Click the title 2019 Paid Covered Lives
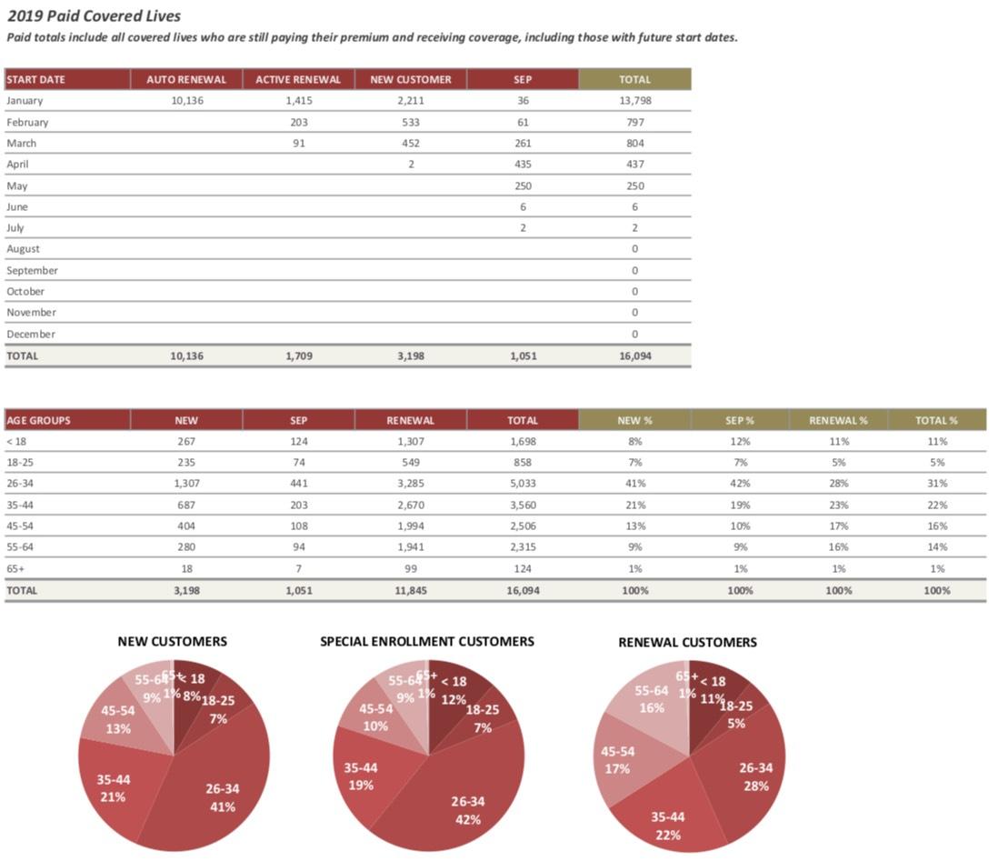pos(94,15)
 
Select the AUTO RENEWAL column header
pos(186,79)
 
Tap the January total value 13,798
pos(634,101)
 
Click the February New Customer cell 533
pos(410,122)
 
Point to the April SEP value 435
pos(523,165)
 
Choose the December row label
pos(31,334)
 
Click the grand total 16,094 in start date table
pos(634,355)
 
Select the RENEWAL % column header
pos(838,420)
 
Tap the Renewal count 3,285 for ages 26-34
pos(410,484)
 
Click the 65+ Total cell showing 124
pos(523,568)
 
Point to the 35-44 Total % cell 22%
pos(937,505)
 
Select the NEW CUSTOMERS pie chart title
pos(173,641)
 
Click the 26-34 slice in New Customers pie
pos(218,791)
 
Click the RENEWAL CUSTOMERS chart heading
pos(687,642)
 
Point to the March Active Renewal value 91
pos(298,143)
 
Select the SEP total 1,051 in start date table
pos(523,355)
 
